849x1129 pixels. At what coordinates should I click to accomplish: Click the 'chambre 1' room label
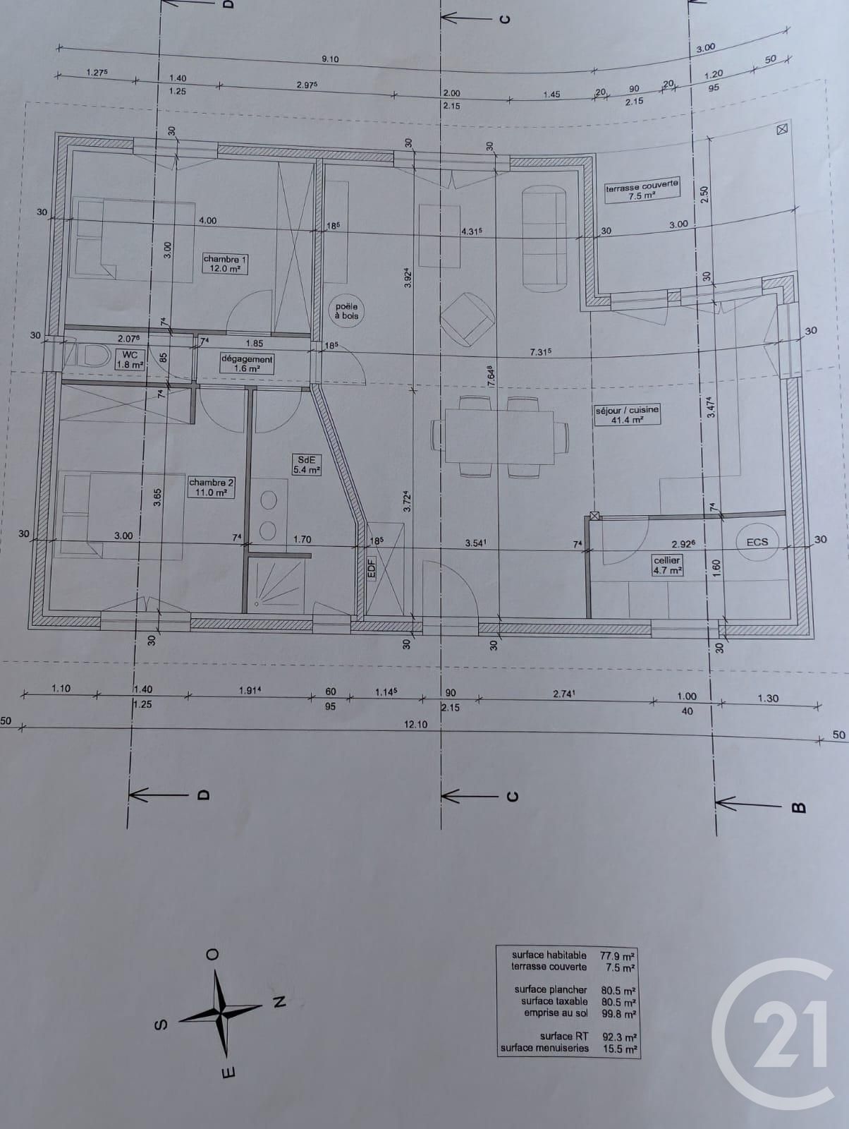[225, 263]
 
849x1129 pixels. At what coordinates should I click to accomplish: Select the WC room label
[130, 360]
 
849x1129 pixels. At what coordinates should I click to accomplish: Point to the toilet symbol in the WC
[87, 356]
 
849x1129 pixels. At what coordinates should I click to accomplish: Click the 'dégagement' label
[247, 363]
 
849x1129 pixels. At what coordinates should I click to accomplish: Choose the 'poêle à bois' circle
[346, 310]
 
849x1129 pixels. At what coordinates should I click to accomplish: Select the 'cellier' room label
[666, 564]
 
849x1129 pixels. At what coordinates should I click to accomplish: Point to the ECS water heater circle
[757, 542]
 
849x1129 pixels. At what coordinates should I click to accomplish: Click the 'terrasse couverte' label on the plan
[642, 190]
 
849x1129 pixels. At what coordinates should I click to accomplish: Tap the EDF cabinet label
[372, 569]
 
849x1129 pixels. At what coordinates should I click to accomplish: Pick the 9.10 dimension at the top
[330, 59]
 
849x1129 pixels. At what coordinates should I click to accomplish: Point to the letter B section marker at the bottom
[799, 807]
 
